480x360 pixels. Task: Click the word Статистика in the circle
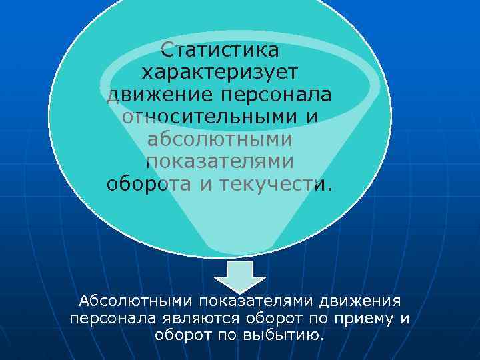220,50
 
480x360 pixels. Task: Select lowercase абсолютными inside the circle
220,139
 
